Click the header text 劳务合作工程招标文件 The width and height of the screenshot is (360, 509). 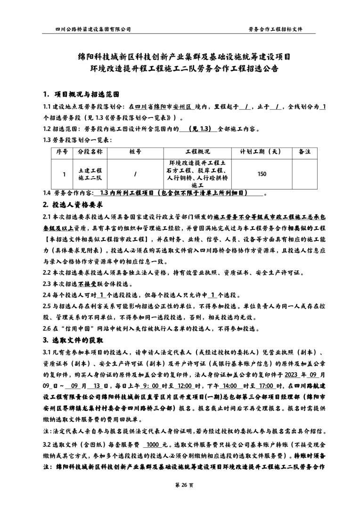pyautogui.click(x=275, y=29)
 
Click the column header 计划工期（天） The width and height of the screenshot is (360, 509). pyautogui.click(x=261, y=152)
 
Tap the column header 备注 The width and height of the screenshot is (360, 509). pyautogui.click(x=305, y=152)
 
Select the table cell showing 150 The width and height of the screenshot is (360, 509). pyautogui.click(x=262, y=174)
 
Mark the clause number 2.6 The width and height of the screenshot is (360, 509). pyautogui.click(x=48, y=328)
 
